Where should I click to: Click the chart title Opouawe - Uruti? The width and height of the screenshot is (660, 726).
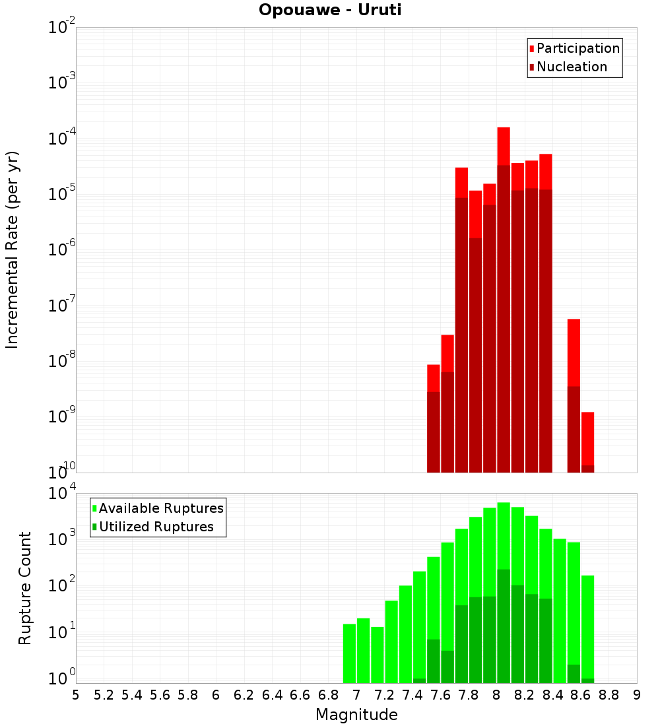[330, 11]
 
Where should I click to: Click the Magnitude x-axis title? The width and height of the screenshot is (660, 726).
[356, 715]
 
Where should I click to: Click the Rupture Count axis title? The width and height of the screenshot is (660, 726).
[25, 587]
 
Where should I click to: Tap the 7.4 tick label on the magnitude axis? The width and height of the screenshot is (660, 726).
[412, 694]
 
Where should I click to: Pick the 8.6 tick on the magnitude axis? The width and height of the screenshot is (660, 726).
[581, 694]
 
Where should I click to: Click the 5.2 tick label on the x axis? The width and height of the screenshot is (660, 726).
[104, 694]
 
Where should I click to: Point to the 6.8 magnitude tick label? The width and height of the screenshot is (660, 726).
[328, 694]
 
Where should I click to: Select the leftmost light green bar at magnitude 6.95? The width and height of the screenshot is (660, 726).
[350, 653]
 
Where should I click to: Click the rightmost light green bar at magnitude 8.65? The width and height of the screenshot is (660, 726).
[588, 620]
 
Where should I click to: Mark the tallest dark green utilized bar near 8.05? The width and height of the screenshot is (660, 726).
[504, 627]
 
